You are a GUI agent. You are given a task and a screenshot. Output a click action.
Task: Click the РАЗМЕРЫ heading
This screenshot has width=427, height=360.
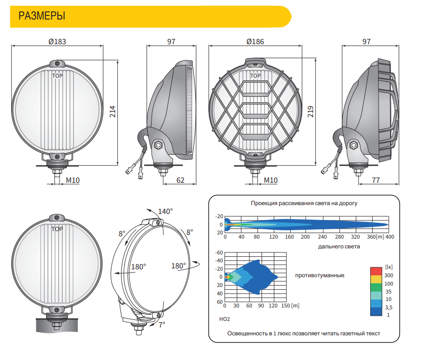point(42,16)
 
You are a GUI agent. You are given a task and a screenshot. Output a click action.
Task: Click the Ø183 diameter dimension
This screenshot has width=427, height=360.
point(57,42)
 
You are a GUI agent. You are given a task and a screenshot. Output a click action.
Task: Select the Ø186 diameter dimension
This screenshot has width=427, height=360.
point(255,42)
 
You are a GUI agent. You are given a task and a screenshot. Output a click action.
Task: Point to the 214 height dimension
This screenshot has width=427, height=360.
point(113,112)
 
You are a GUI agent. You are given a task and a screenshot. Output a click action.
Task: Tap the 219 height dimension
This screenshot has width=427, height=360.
point(311,112)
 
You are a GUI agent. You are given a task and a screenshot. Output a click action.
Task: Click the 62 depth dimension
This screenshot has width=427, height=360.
point(180,180)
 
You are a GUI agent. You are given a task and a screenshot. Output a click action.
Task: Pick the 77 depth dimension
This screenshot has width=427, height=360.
point(376,180)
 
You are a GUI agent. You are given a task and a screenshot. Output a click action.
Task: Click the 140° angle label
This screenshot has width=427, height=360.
point(165,211)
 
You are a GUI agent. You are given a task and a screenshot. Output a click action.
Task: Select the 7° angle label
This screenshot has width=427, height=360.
point(162,325)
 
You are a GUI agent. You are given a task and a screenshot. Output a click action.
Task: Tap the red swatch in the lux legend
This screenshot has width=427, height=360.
point(376,271)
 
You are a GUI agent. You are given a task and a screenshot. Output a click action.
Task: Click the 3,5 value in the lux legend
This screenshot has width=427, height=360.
point(388,307)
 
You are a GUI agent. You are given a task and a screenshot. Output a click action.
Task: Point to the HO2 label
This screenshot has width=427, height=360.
point(224,319)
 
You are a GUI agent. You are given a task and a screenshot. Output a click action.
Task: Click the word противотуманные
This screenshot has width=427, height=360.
point(320,275)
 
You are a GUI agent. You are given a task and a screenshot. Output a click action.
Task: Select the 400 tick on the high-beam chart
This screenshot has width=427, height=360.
point(390,237)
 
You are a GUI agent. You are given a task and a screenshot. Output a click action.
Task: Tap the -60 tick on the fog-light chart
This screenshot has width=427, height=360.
point(219,253)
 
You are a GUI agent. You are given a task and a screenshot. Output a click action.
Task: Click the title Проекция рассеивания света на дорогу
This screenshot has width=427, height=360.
point(304,203)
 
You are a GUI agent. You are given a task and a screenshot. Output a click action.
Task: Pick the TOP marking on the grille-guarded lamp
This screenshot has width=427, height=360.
point(255,76)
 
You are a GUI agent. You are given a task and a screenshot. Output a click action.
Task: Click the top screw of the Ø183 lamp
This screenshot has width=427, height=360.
point(57,64)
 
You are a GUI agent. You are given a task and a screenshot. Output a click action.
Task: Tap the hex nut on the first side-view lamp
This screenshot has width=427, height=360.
point(158,145)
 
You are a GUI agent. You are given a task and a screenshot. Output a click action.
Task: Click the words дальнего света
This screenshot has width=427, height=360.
point(339,247)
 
